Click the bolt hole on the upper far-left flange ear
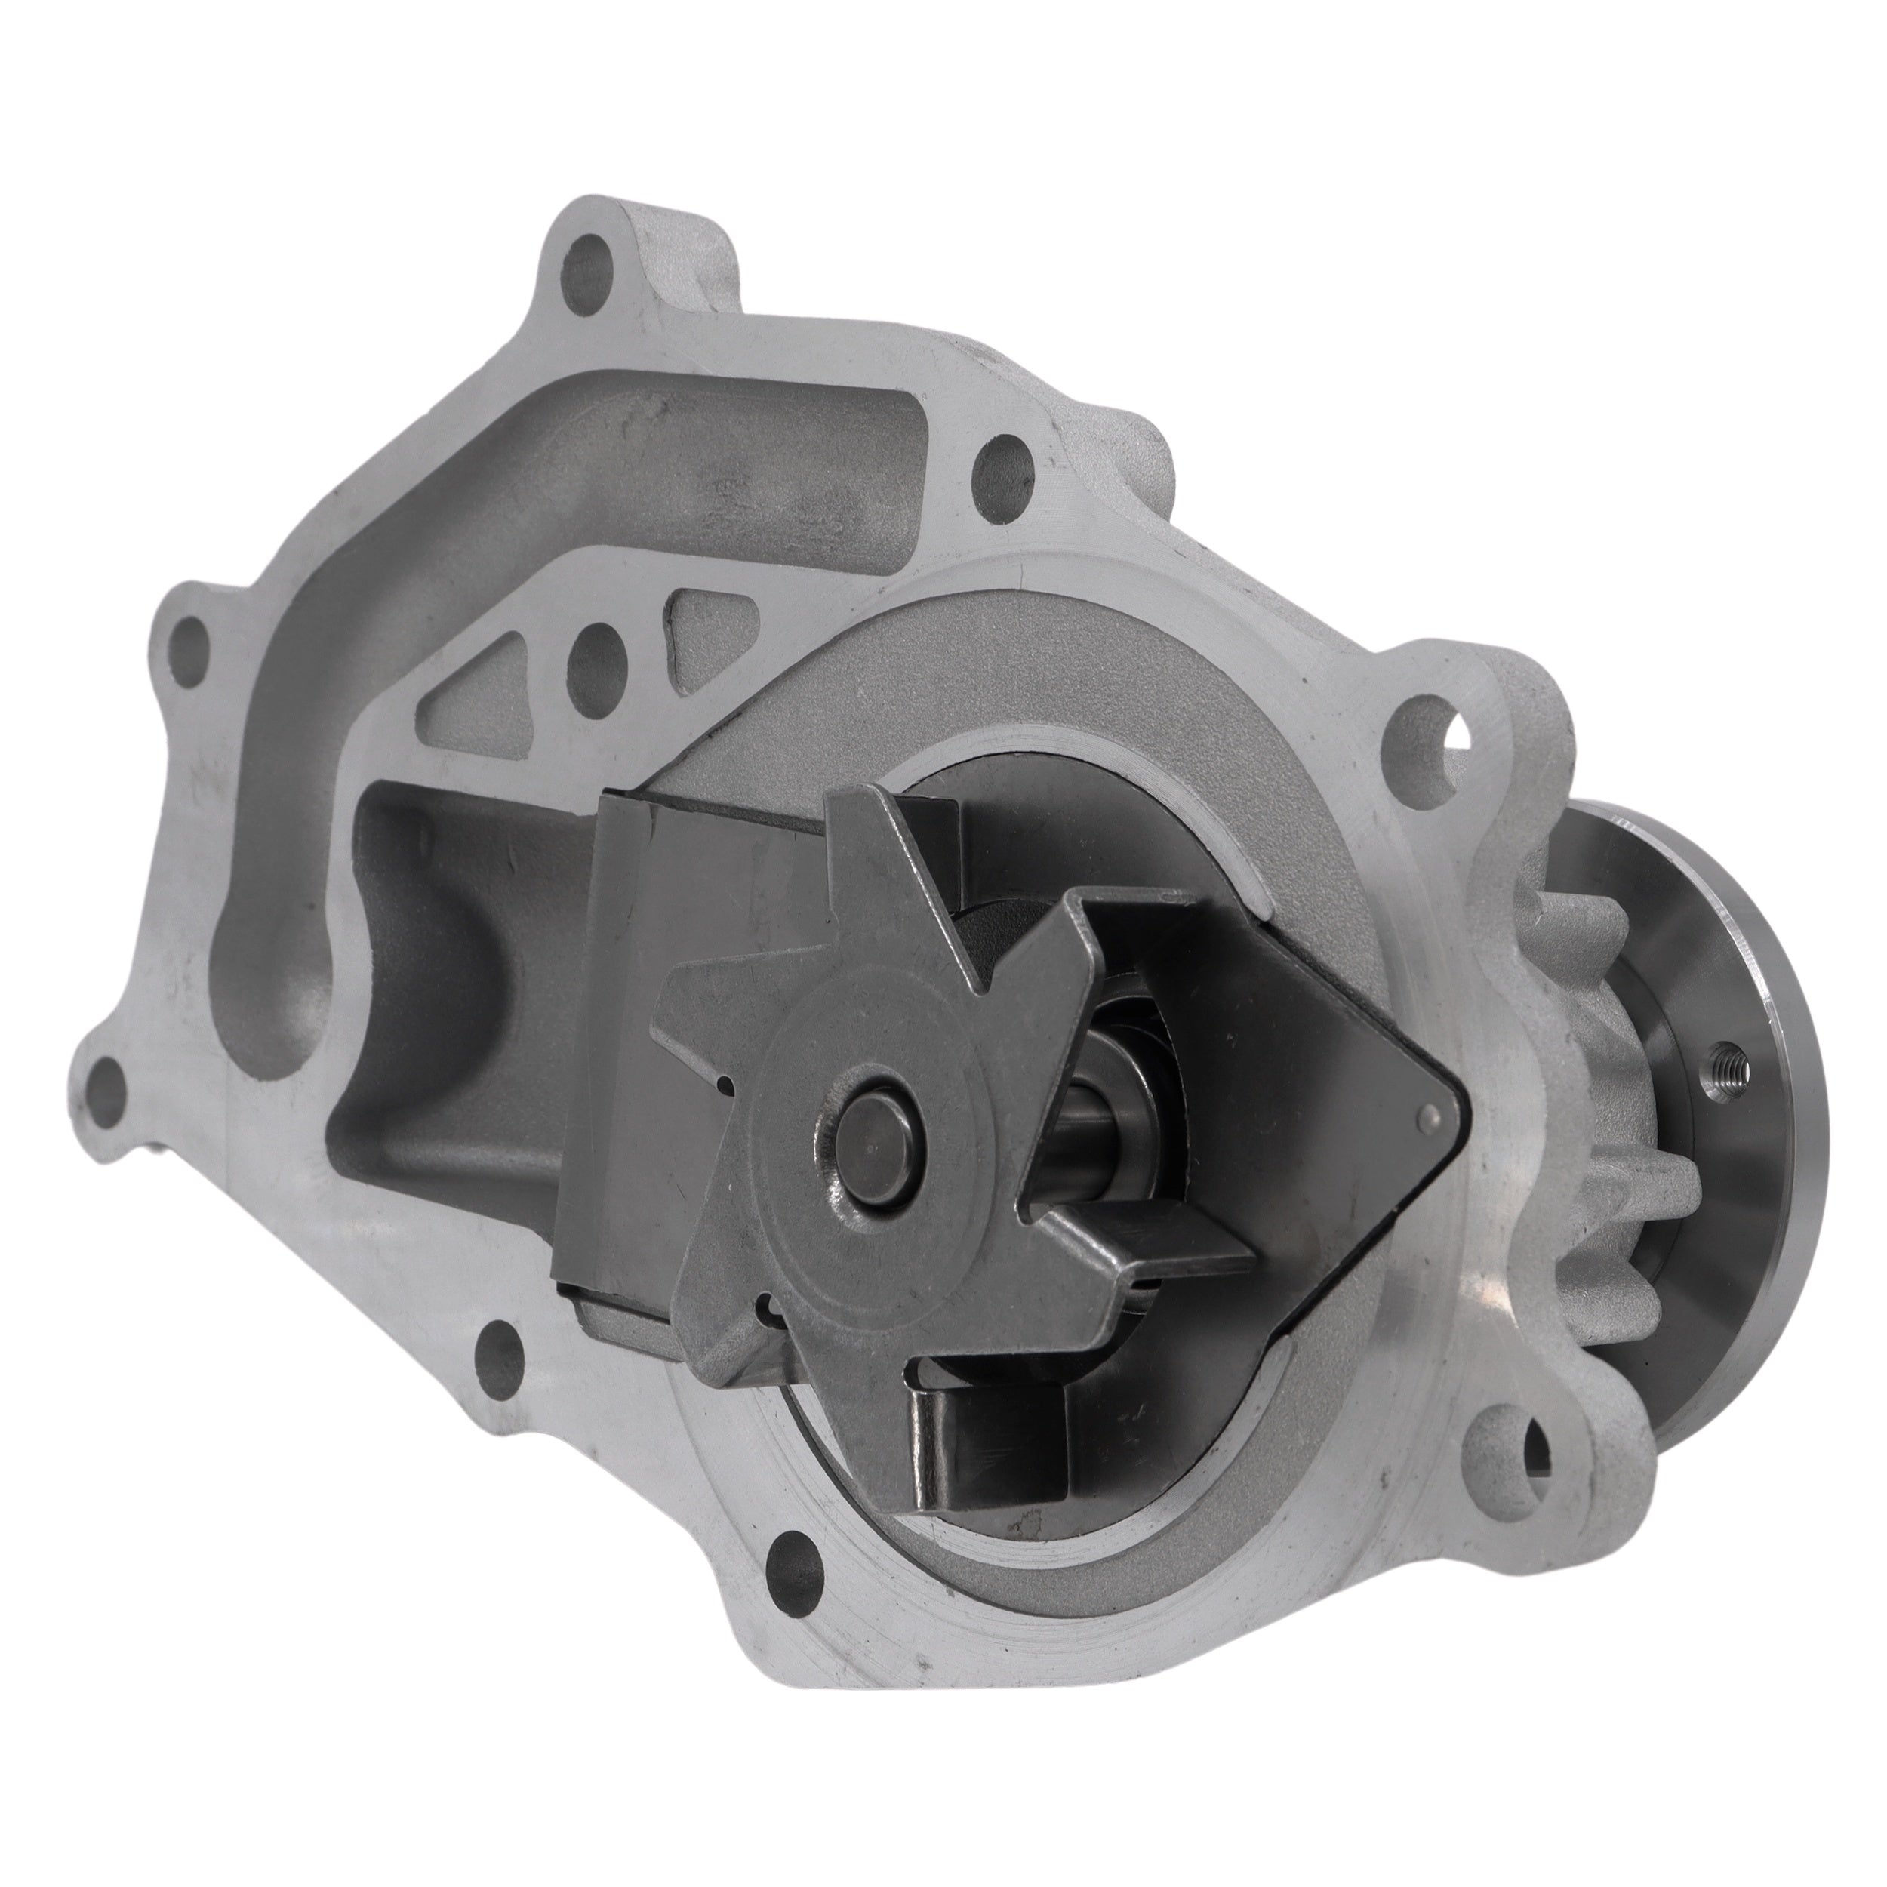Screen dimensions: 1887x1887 (189, 644)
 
